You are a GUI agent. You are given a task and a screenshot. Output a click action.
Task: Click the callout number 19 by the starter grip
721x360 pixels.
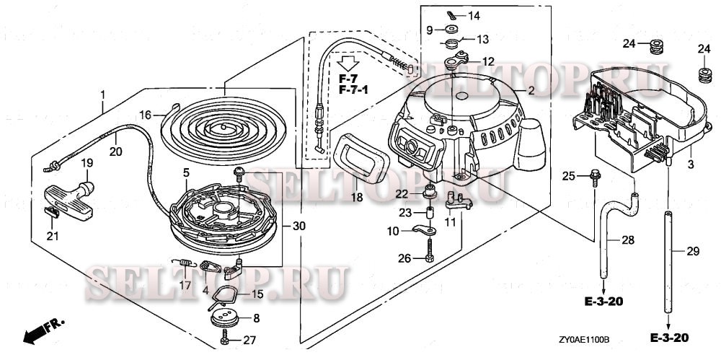tap(86, 163)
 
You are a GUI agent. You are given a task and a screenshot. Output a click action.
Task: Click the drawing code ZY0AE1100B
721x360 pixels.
tap(584, 338)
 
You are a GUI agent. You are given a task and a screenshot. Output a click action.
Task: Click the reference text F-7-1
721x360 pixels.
tap(354, 89)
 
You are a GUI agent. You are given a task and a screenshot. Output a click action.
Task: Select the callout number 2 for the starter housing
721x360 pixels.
tap(531, 91)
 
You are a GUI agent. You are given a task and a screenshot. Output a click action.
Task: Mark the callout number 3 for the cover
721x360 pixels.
tap(690, 151)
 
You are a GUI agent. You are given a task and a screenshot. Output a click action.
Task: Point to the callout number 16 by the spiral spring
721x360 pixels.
tap(145, 115)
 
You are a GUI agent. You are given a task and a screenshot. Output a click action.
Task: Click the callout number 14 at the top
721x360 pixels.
tap(473, 16)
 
